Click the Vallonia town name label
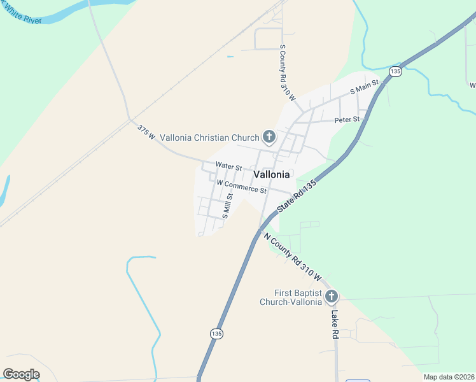(272, 174)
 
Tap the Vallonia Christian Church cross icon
(269, 137)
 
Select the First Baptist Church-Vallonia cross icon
(331, 297)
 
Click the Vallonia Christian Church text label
(209, 137)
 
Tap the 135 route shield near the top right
(395, 71)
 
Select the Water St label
(228, 166)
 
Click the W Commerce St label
(241, 186)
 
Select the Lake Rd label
(335, 325)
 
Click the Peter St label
(347, 119)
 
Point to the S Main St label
(364, 87)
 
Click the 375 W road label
(146, 132)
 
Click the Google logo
(21, 374)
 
